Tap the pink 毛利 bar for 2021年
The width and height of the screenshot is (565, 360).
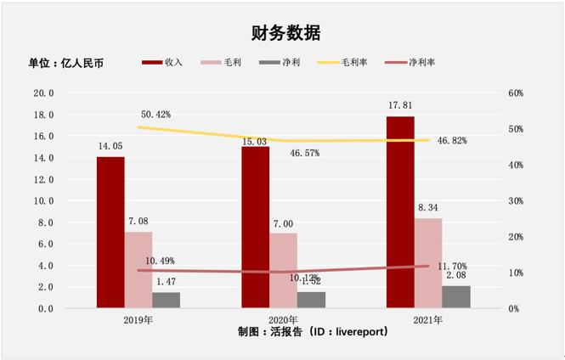pyautogui.click(x=428, y=262)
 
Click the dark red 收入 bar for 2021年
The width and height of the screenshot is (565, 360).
pyautogui.click(x=400, y=211)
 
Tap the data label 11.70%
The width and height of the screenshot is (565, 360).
pyautogui.click(x=454, y=266)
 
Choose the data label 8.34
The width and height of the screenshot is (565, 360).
pyautogui.click(x=428, y=206)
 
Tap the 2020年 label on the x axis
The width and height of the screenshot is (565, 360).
pyautogui.click(x=283, y=320)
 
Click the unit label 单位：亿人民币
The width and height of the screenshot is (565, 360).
pyautogui.click(x=65, y=63)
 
